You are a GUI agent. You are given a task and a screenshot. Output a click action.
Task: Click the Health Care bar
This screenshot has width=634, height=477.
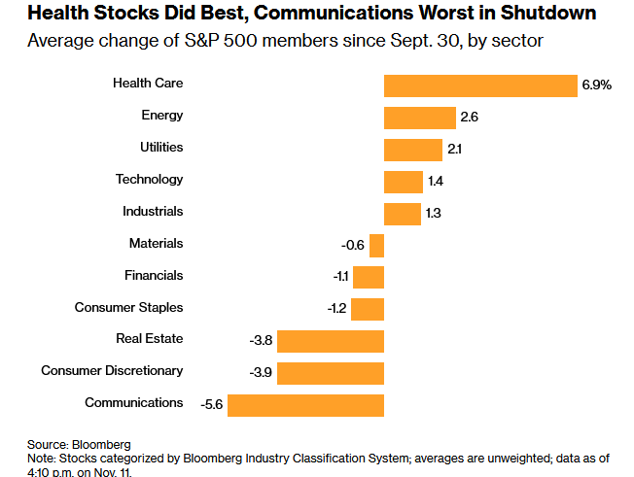(480, 85)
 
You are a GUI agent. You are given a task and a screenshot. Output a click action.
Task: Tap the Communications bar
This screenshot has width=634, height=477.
(305, 404)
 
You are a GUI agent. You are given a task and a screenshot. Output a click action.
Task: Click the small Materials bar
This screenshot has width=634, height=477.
(377, 245)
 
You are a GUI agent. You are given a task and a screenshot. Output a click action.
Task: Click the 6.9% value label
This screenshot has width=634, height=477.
(596, 85)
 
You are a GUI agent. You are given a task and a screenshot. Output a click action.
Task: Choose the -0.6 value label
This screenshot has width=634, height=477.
(353, 245)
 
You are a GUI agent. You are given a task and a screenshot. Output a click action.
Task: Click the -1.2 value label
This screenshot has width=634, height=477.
(335, 309)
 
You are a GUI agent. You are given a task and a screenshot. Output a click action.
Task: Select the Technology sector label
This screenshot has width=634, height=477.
(149, 179)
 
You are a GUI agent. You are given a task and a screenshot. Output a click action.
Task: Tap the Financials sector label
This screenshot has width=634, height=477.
(154, 275)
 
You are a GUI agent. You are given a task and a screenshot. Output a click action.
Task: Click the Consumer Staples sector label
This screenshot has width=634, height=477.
(128, 307)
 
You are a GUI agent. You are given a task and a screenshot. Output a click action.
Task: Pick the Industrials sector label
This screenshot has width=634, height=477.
(153, 211)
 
